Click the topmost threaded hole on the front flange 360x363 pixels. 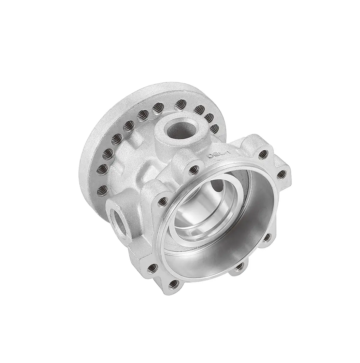[x=263, y=154]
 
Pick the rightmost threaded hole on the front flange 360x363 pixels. [x=281, y=175]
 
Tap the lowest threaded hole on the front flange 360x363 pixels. [x=173, y=283]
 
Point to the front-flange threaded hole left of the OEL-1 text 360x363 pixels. [x=193, y=168]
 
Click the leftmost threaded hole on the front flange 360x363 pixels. [x=154, y=268]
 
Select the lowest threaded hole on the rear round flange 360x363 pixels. [x=102, y=191]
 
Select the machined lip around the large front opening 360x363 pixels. [x=164, y=235]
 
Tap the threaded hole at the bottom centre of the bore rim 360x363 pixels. [x=239, y=266]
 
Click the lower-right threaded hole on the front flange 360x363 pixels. [x=267, y=237]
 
